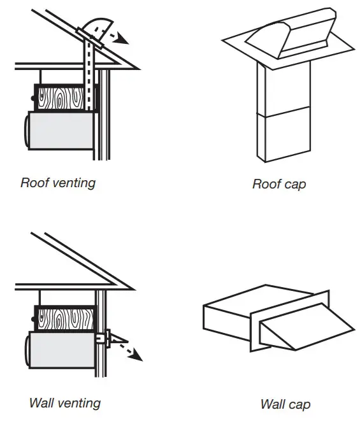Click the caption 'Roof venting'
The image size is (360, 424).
pyautogui.click(x=58, y=183)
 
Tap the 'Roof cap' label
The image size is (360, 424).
pyautogui.click(x=279, y=185)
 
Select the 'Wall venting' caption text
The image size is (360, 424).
pyautogui.click(x=64, y=402)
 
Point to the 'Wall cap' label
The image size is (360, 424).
pyautogui.click(x=285, y=404)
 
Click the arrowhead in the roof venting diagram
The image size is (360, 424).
pyautogui.click(x=124, y=40)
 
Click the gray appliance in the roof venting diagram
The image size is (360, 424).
pyautogui.click(x=61, y=131)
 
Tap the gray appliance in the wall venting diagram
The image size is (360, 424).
pyautogui.click(x=61, y=350)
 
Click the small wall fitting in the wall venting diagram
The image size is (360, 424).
pyautogui.click(x=106, y=337)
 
